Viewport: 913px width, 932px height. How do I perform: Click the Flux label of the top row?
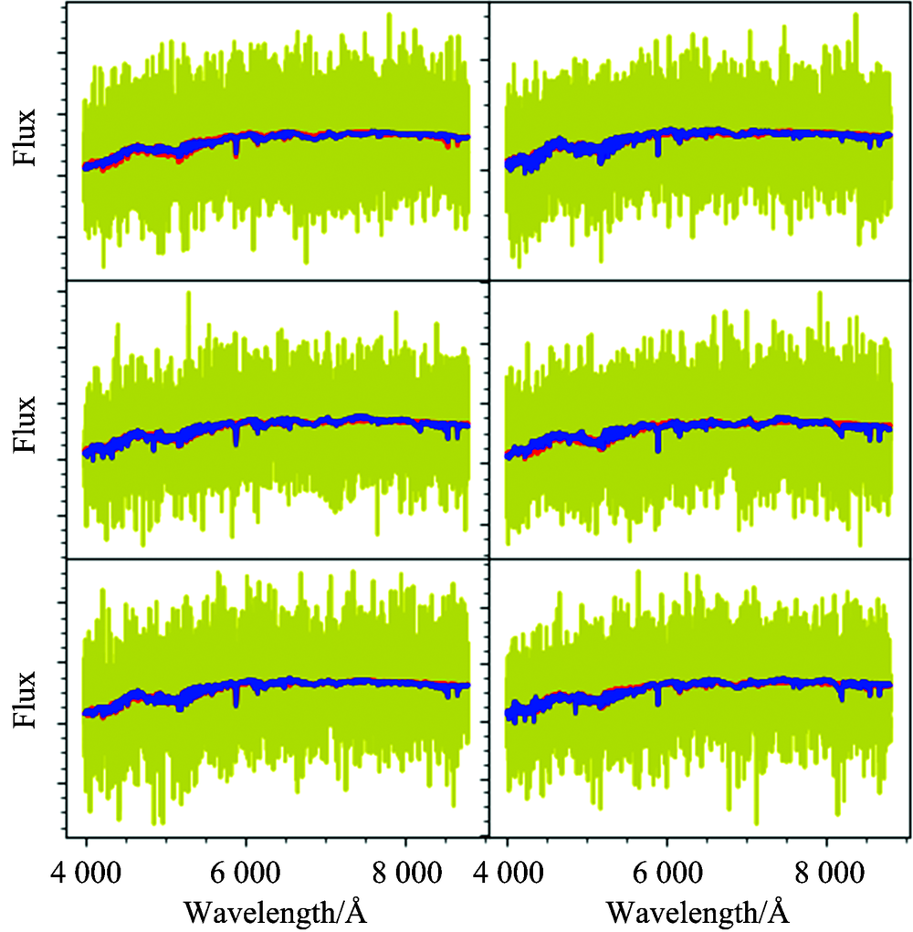(26, 138)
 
